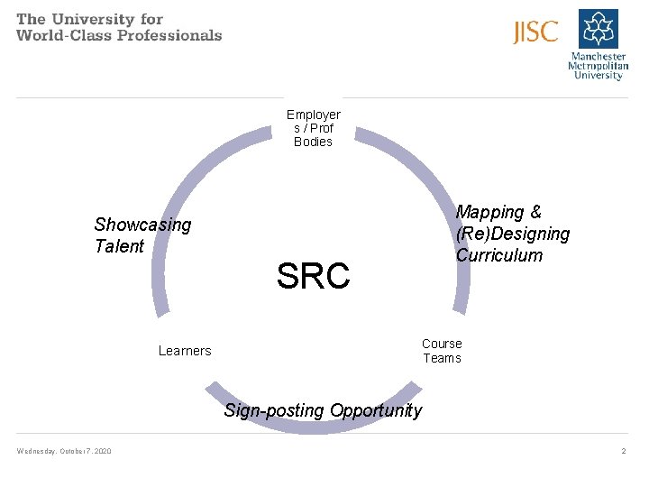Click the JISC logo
(x=535, y=32)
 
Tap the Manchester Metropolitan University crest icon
(x=599, y=28)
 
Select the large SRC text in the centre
(x=313, y=276)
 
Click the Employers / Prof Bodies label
(x=313, y=128)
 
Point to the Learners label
(x=185, y=351)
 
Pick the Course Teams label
(x=442, y=351)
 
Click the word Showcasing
(x=142, y=225)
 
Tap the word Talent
(x=119, y=246)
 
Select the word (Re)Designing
(x=513, y=234)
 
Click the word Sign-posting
(x=274, y=411)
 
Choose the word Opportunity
(x=376, y=411)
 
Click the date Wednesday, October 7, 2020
(x=64, y=451)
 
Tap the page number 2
(x=623, y=451)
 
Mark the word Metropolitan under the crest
(x=598, y=66)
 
